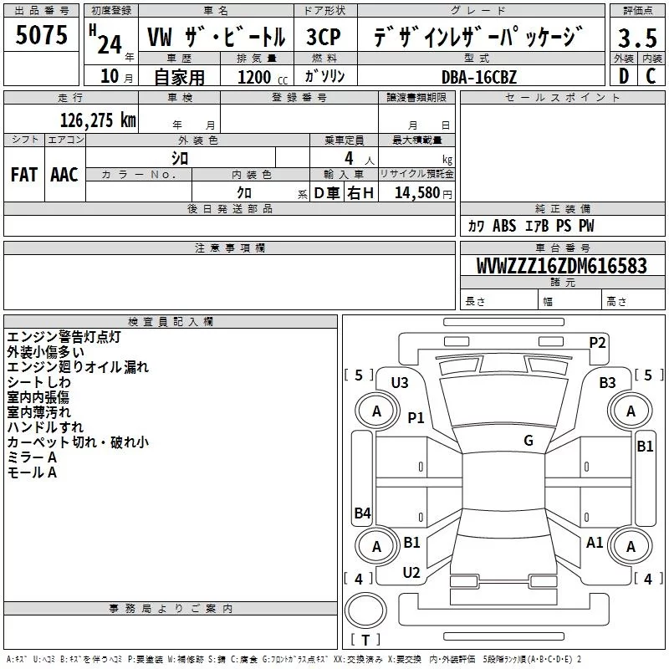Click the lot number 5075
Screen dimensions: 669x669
[42, 35]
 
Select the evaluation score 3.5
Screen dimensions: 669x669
[637, 38]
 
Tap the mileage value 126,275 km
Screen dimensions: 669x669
[98, 120]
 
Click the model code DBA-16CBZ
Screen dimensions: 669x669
[479, 77]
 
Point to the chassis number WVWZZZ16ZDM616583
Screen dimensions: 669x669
[562, 265]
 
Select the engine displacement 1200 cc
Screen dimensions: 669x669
[263, 77]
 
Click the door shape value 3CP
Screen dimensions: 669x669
[324, 37]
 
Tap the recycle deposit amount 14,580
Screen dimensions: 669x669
[417, 193]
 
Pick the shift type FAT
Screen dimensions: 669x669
[24, 175]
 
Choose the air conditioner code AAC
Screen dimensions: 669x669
[64, 175]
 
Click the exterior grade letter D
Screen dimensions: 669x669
[624, 76]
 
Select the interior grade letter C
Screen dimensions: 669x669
[651, 76]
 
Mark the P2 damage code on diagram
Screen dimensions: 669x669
[597, 343]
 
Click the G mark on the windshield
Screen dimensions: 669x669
[529, 441]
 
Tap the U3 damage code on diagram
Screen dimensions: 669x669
[400, 383]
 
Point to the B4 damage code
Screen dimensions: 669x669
[363, 513]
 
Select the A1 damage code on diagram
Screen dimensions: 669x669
[595, 543]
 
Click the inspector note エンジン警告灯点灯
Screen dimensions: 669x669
[64, 337]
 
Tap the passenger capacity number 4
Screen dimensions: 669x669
[349, 159]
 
